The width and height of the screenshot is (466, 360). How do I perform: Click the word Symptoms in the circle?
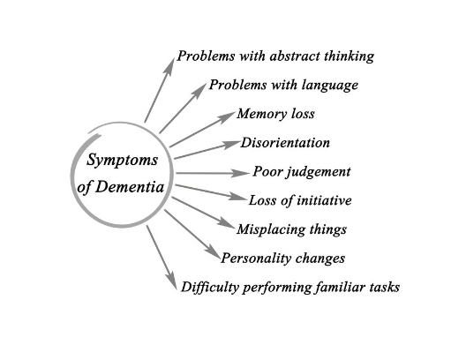point(122,161)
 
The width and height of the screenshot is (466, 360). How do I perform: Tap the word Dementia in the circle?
point(130,187)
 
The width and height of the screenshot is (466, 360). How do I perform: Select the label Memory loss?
point(275,114)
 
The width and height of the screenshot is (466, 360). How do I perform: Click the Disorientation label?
point(285,143)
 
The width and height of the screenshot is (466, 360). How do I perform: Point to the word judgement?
point(319,172)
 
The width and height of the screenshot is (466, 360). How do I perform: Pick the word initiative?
point(324,200)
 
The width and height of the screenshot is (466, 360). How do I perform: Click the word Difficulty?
point(210,288)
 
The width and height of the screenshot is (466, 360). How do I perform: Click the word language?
point(330,86)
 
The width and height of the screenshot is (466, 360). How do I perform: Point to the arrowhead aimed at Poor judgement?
point(240,173)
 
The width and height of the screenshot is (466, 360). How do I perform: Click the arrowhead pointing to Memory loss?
point(227,117)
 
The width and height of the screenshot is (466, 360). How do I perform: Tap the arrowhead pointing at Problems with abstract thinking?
point(169,67)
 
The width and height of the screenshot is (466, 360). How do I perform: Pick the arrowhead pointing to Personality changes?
point(213,252)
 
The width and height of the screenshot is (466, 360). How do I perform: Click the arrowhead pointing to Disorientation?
point(231,144)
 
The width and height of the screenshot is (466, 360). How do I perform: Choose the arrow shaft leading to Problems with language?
point(183,109)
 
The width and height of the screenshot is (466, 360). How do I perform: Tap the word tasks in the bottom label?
point(385,288)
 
